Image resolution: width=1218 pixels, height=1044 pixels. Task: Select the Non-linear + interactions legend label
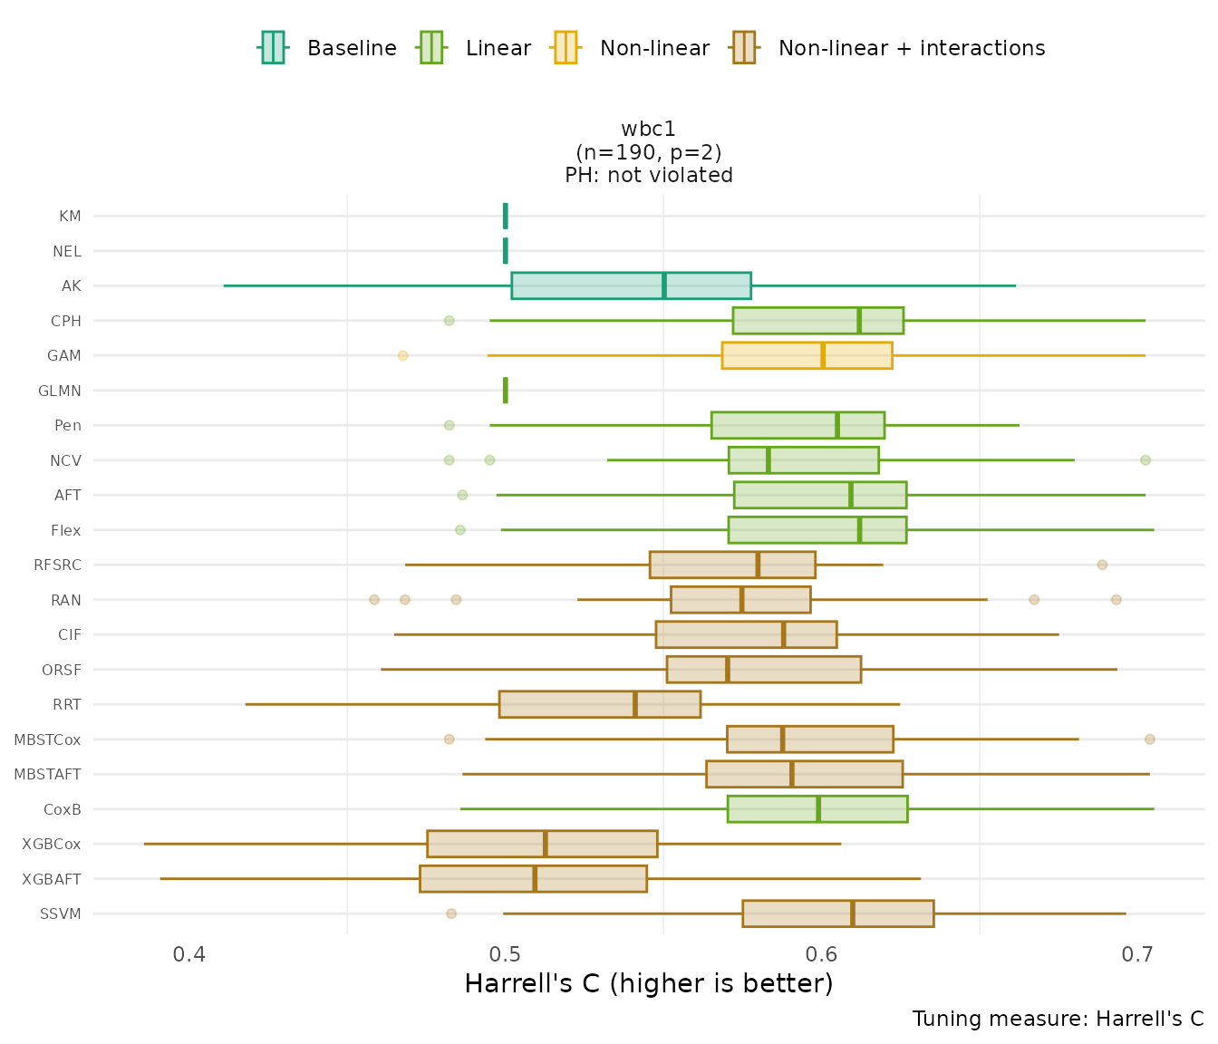pos(911,48)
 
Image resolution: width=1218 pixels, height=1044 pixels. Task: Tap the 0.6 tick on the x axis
pos(822,954)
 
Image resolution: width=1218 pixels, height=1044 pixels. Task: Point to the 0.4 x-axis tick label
pos(189,954)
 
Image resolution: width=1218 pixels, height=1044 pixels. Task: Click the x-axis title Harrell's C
pos(648,983)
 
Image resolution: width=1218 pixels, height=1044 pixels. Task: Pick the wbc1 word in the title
pos(649,130)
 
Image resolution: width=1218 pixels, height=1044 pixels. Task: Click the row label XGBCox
pos(52,844)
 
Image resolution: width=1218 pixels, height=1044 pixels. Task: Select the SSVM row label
pos(61,913)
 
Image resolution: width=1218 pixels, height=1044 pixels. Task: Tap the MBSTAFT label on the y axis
pos(48,774)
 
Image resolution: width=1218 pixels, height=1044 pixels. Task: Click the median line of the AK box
pos(664,285)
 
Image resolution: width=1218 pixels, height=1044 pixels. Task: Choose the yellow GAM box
pos(807,355)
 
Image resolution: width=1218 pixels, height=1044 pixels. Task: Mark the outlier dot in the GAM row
pos(403,355)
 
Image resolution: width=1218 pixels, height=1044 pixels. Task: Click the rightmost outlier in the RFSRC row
pos(1102,565)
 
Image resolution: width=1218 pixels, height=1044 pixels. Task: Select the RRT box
pos(599,704)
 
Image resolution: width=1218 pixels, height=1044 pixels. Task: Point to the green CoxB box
pos(817,809)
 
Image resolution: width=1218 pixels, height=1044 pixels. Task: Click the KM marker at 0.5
pos(506,216)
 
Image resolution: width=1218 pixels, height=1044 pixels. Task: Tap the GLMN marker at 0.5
pos(506,391)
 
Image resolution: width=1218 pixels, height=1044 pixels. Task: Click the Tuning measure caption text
pos(1058,1019)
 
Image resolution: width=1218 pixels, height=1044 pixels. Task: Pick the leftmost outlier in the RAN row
pos(374,600)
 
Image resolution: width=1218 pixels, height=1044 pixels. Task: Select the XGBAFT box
pos(533,879)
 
